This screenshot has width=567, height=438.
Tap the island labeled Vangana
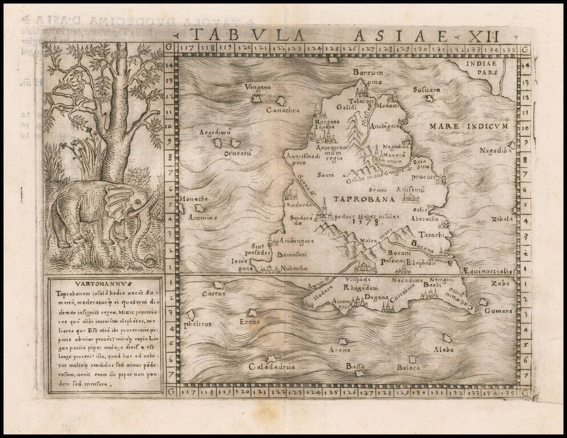(257, 99)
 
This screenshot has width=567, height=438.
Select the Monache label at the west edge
(194, 198)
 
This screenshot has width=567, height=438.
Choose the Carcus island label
(214, 293)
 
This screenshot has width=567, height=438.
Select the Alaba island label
(443, 348)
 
